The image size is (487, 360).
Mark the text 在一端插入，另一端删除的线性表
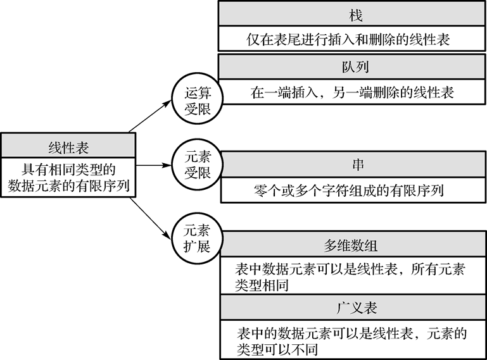click(x=352, y=92)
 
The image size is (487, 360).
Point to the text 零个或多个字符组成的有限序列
click(x=353, y=190)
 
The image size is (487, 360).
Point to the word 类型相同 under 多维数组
click(x=262, y=285)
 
